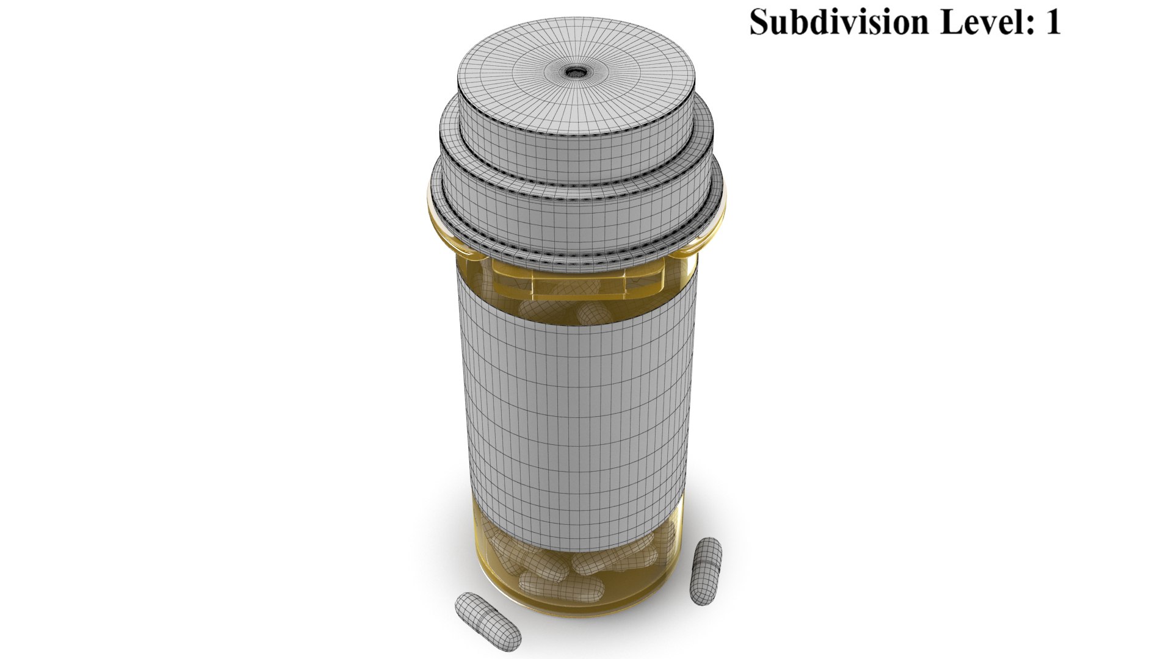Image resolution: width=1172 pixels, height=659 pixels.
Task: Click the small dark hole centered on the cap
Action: tap(575, 73)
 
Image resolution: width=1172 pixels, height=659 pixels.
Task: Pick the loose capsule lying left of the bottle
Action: tap(488, 621)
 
